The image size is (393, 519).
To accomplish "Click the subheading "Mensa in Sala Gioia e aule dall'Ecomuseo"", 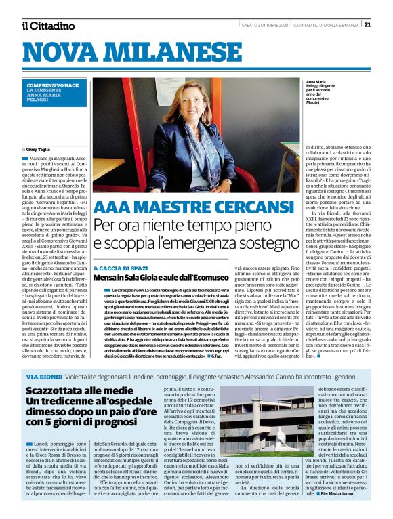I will pos(161,278).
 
